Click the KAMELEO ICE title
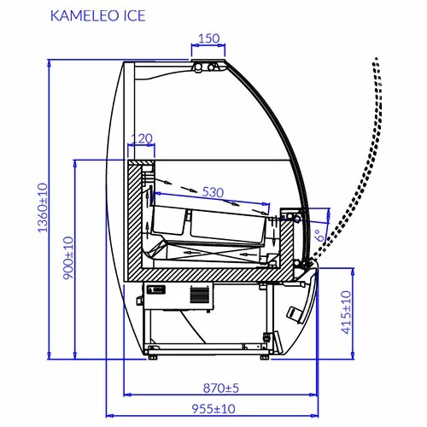(98, 15)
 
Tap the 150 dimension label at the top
(208, 38)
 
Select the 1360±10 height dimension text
(43, 208)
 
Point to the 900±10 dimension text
(68, 258)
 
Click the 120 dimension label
(142, 138)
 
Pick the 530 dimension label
(213, 193)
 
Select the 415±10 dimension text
(347, 312)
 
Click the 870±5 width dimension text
(221, 388)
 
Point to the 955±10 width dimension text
(213, 409)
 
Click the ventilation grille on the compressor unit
(200, 295)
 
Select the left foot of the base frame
(153, 357)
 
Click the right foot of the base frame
(265, 357)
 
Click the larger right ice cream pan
(229, 226)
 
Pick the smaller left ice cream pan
(169, 219)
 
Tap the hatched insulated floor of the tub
(211, 275)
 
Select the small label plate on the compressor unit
(155, 290)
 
